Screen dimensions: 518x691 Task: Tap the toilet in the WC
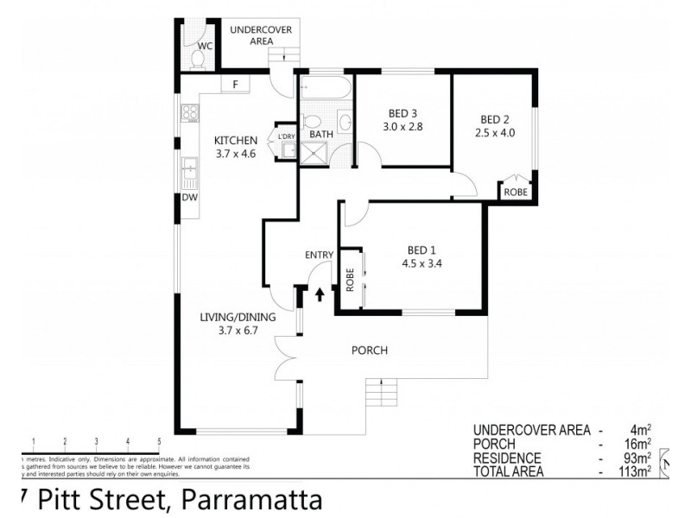click(x=197, y=60)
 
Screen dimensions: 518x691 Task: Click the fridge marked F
click(x=234, y=85)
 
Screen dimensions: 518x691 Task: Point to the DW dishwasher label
click(x=188, y=198)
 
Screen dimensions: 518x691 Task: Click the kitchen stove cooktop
click(x=190, y=113)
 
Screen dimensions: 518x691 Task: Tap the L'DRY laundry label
click(x=286, y=136)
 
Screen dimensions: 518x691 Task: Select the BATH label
click(x=321, y=134)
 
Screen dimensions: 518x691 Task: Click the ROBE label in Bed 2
click(x=517, y=193)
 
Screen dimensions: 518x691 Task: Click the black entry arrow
click(x=320, y=294)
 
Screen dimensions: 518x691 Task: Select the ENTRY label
click(x=319, y=254)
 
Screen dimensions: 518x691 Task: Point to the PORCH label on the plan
click(x=369, y=351)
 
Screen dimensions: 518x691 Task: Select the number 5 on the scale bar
click(x=160, y=441)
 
